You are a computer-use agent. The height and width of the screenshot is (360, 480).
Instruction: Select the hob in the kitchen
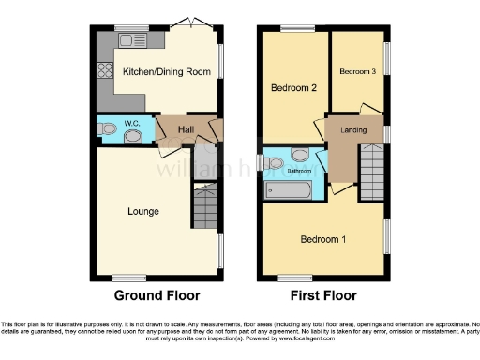(103, 71)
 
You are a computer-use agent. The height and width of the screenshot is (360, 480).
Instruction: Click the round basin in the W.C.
(135, 137)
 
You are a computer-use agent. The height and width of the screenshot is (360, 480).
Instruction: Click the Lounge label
(143, 211)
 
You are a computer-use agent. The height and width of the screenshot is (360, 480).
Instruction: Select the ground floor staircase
(204, 206)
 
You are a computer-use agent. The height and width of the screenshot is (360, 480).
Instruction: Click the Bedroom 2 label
(292, 87)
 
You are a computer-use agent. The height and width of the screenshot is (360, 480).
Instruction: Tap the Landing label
(353, 130)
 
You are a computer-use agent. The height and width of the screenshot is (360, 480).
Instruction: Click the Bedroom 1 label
(322, 240)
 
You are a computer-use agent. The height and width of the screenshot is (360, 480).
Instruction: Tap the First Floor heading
(322, 295)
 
